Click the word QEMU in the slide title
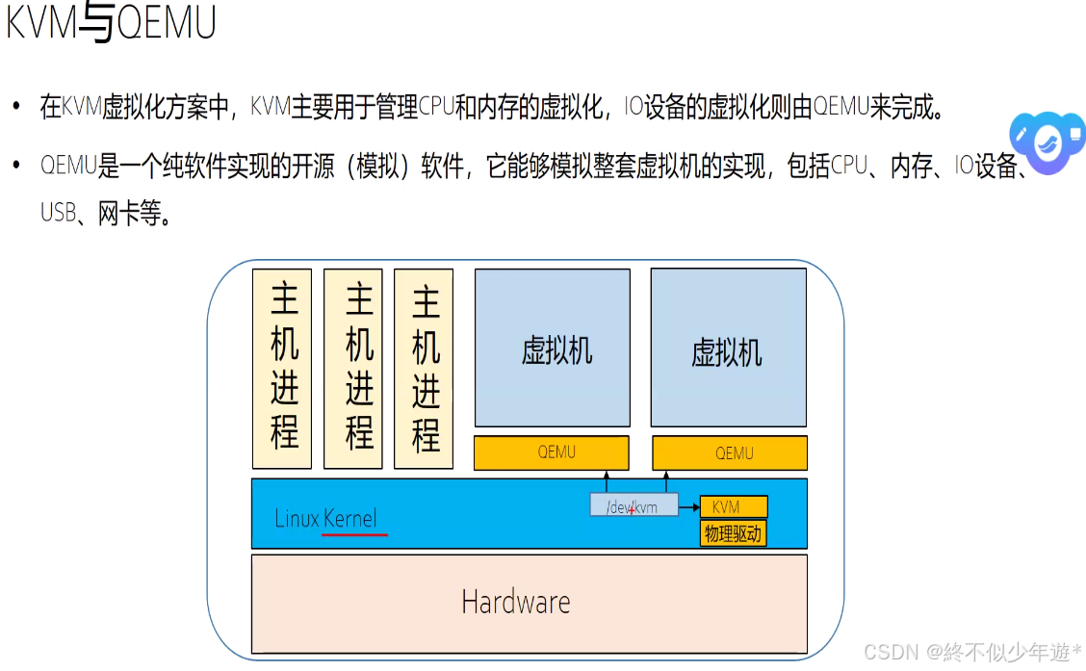[x=166, y=23]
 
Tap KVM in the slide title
[x=40, y=23]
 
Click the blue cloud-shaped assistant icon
[x=1045, y=142]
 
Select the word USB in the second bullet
[x=58, y=213]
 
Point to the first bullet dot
[x=15, y=107]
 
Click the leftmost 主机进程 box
[x=283, y=368]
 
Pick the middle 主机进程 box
[x=353, y=368]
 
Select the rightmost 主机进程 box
[x=424, y=368]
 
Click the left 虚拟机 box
[x=553, y=348]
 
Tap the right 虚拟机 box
[x=729, y=348]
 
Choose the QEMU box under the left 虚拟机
[x=552, y=452]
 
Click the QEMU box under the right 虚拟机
[x=731, y=452]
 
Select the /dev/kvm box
[x=633, y=505]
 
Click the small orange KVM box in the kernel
[x=734, y=506]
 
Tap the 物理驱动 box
[x=734, y=533]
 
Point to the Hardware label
[x=516, y=603]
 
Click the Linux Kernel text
[x=325, y=518]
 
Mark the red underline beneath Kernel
[x=355, y=533]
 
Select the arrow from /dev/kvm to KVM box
[x=689, y=506]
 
